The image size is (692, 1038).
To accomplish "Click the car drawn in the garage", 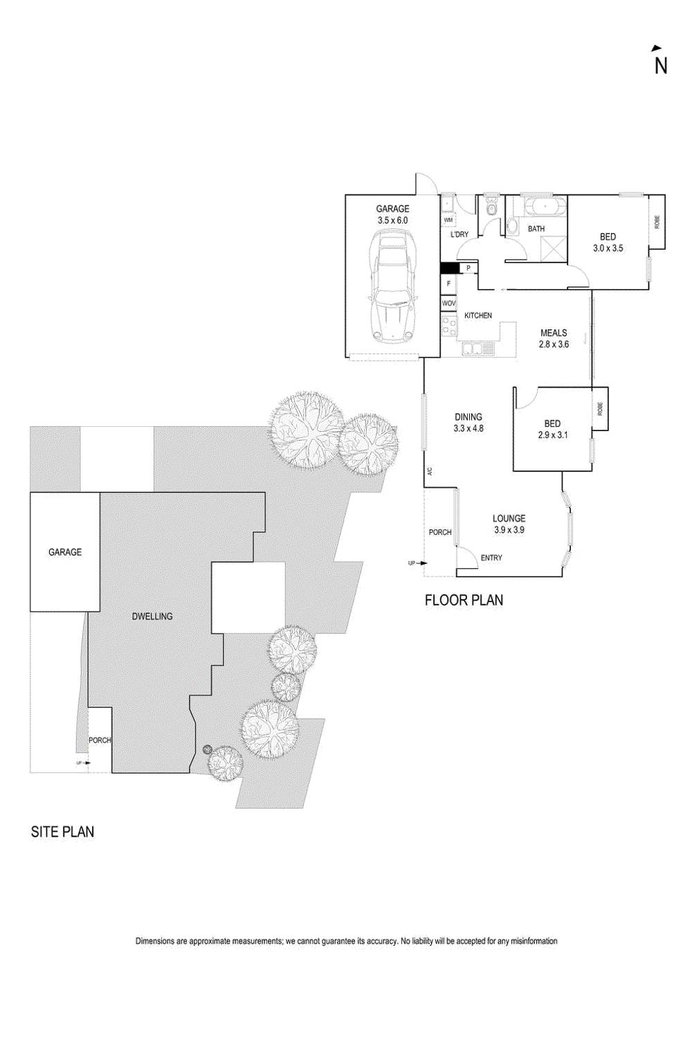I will pyautogui.click(x=392, y=285).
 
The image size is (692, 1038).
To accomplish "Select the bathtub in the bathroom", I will pyautogui.click(x=544, y=207).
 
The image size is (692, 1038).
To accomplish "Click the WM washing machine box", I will pyautogui.click(x=448, y=219).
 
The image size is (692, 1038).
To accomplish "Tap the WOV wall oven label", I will pyautogui.click(x=448, y=304).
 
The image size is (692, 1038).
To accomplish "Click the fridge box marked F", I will pyautogui.click(x=448, y=284).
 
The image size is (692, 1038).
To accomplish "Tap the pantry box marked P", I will pyautogui.click(x=468, y=268).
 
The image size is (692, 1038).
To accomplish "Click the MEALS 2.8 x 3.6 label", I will pyautogui.click(x=554, y=338).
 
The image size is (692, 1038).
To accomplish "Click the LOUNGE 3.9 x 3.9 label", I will pyautogui.click(x=509, y=524).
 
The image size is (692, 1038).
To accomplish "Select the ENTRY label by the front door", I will pyautogui.click(x=491, y=558).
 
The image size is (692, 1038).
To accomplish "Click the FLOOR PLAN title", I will pyautogui.click(x=464, y=600).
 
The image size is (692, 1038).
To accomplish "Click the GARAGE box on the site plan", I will pyautogui.click(x=64, y=552).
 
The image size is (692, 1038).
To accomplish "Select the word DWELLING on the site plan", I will pyautogui.click(x=152, y=616).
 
